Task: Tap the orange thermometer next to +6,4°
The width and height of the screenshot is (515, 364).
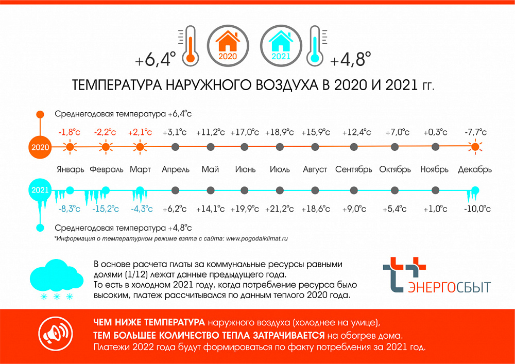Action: (x=191, y=46)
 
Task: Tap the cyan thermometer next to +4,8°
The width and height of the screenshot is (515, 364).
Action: (x=315, y=46)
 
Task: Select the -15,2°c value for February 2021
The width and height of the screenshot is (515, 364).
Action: (x=106, y=209)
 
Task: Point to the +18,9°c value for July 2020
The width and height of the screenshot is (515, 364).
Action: (x=280, y=132)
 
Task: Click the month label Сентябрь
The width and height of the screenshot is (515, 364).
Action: (x=353, y=170)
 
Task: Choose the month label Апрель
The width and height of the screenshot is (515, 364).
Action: (x=176, y=170)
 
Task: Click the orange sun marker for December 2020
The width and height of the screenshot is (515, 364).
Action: (x=475, y=147)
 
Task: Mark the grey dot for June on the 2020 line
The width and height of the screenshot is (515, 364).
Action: (x=244, y=147)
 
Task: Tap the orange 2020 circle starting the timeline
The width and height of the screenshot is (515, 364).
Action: (x=40, y=147)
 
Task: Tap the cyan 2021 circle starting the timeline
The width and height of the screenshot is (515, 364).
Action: (x=40, y=190)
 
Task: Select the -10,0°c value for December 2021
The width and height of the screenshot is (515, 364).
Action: (x=477, y=209)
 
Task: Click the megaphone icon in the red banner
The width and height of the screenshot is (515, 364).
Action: (x=55, y=335)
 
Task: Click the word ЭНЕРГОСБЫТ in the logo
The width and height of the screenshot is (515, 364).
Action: (x=449, y=287)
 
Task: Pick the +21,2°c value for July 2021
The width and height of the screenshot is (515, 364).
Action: (x=280, y=209)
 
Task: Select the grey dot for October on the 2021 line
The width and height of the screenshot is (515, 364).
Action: (x=395, y=190)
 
